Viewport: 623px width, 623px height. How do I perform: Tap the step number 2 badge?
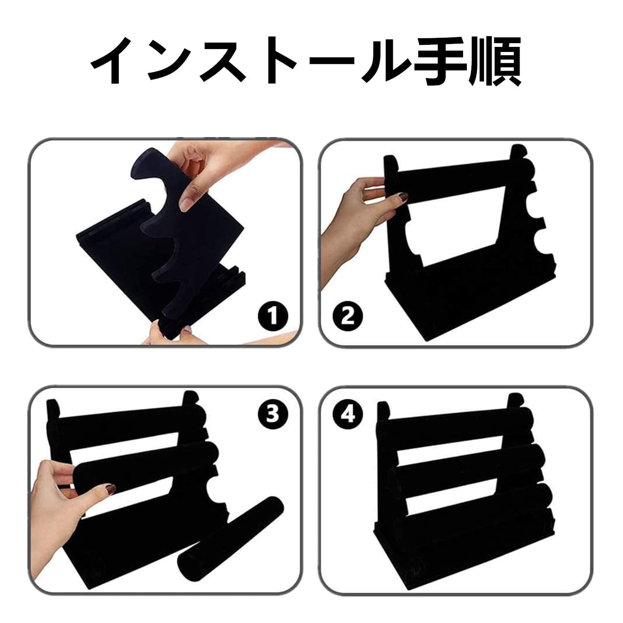[x=348, y=317]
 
